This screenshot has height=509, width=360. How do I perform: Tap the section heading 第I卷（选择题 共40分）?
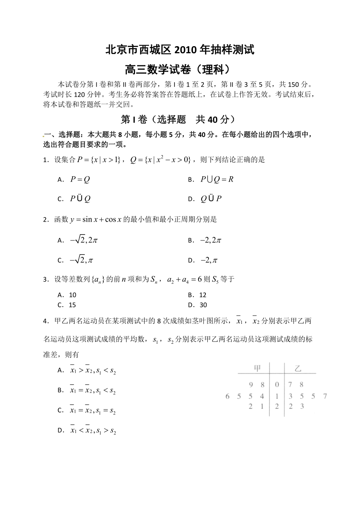[x=180, y=119]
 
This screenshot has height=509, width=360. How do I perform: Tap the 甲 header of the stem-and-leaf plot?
[x=257, y=368]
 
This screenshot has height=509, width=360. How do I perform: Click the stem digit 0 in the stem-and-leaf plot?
[x=277, y=385]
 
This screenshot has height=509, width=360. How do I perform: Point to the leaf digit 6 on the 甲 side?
[x=227, y=396]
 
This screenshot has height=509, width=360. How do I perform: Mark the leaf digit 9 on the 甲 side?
[x=250, y=385]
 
